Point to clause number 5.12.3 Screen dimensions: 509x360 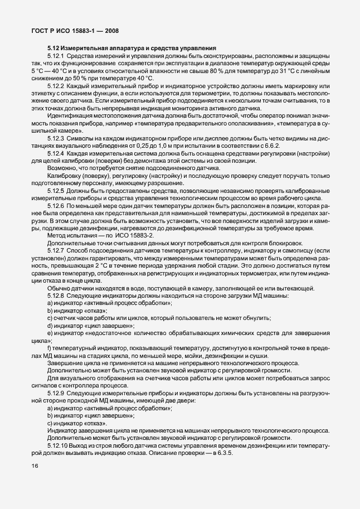coord(58,138)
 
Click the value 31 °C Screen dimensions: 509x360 coord(295,71)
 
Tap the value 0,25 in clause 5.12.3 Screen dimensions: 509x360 coord(148,144)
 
